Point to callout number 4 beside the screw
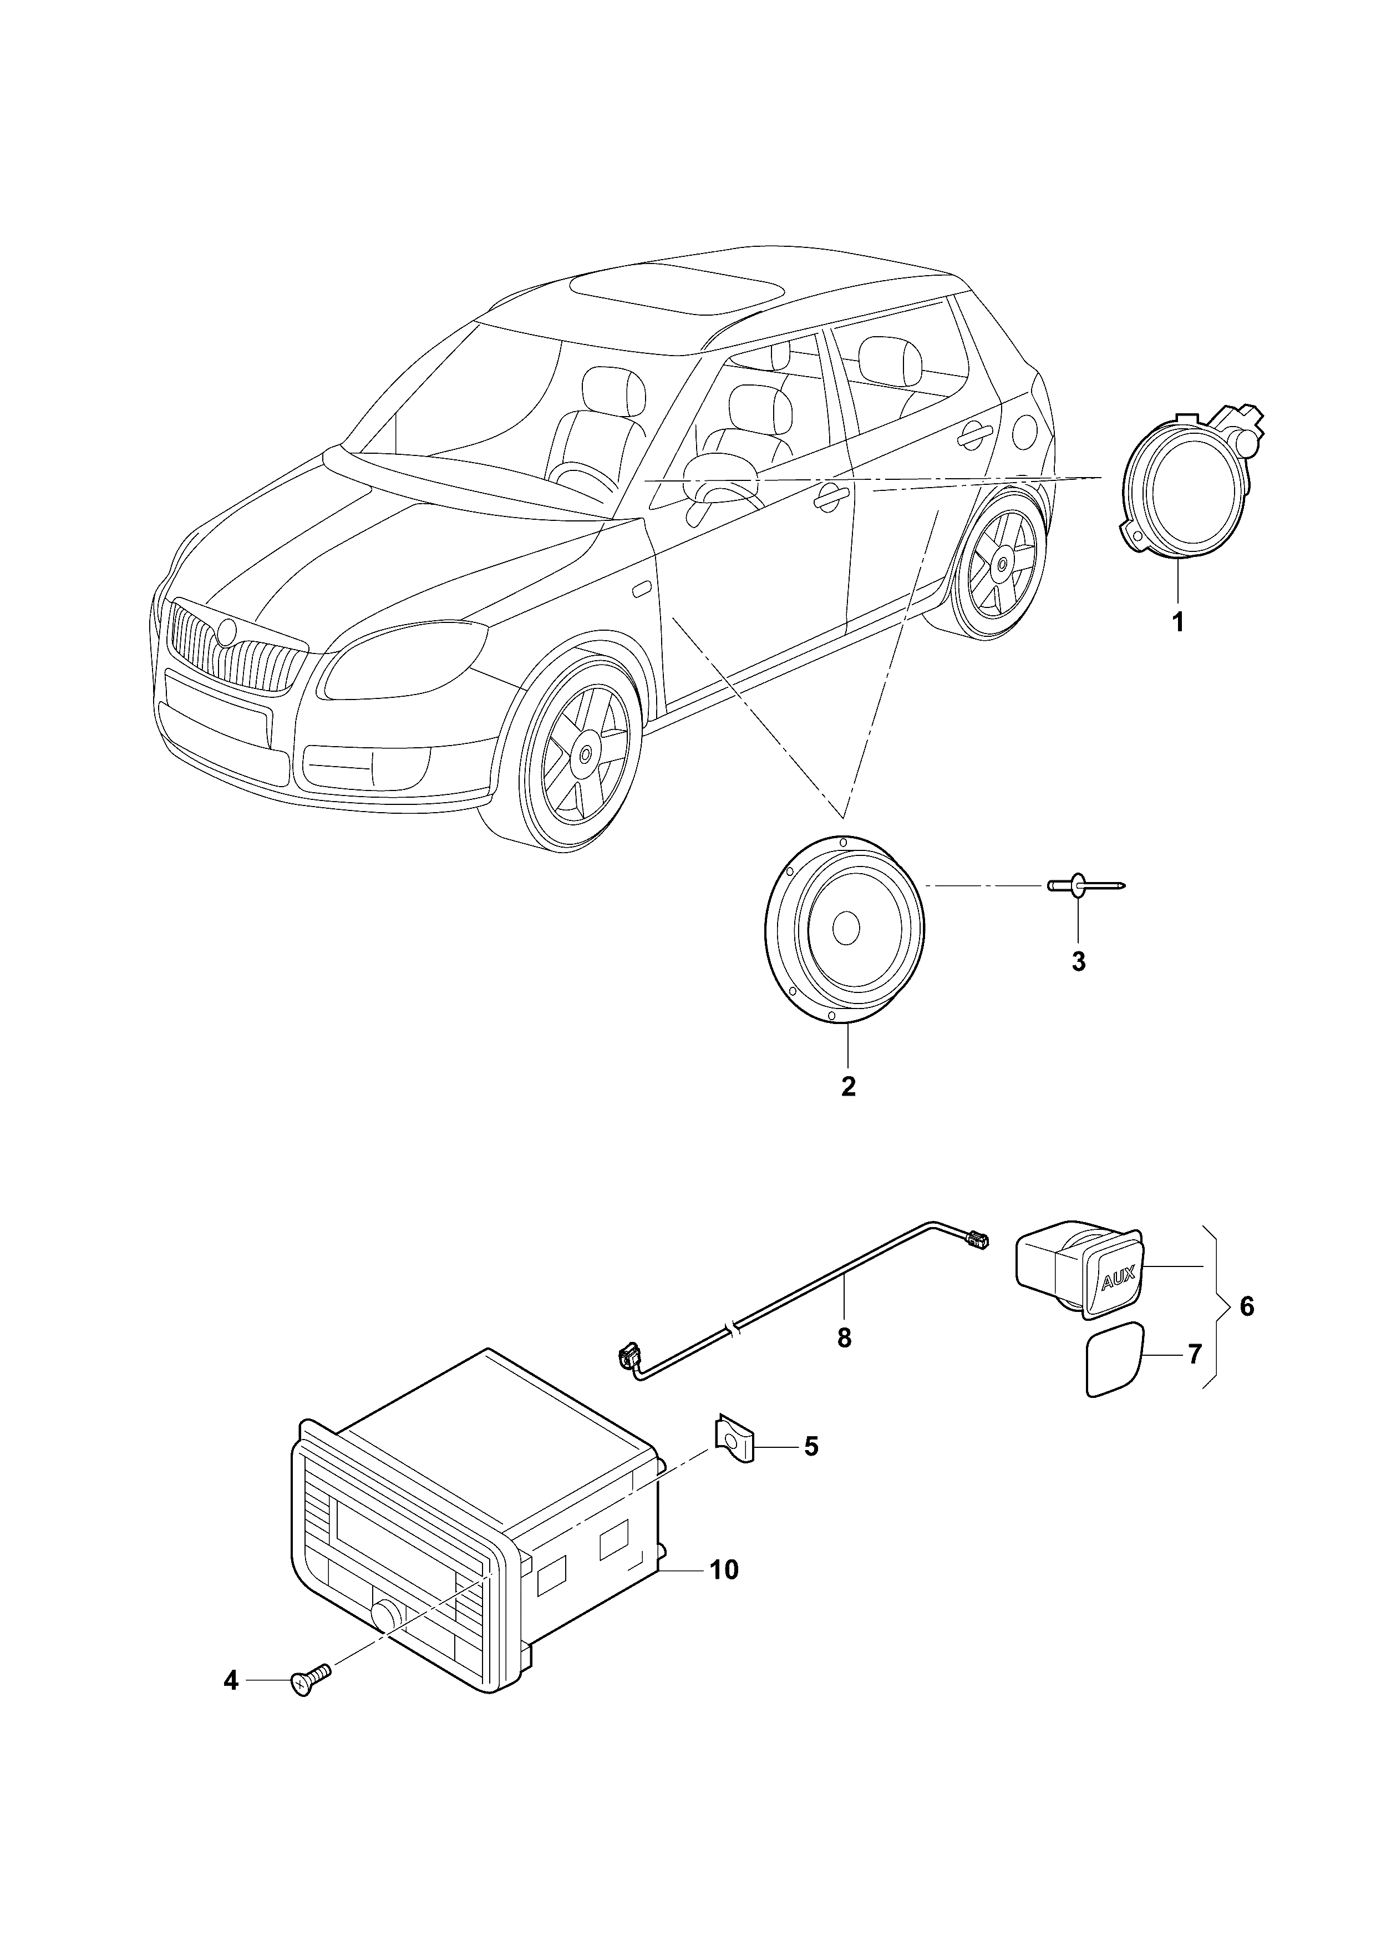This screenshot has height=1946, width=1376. (x=231, y=1681)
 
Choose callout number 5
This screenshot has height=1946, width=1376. (x=811, y=1446)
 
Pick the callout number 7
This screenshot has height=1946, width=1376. (x=1194, y=1355)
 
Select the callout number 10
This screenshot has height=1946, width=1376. (x=724, y=1570)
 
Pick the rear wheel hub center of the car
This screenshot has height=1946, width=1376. (x=1002, y=563)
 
